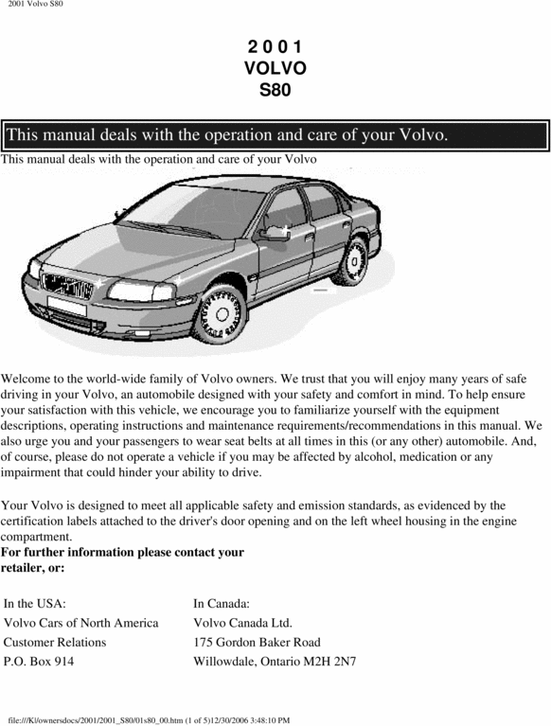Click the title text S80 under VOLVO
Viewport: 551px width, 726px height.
coord(275,91)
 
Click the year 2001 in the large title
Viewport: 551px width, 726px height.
coord(275,45)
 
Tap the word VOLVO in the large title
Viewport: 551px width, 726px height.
coord(275,68)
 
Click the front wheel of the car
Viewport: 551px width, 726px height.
coord(221,311)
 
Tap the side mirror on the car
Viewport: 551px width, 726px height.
coord(276,232)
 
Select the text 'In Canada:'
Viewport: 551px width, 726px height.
coord(222,603)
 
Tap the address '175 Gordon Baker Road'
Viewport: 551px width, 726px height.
coord(257,642)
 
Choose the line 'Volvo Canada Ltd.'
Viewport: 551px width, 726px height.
coord(242,623)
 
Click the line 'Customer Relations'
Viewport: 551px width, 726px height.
coord(55,642)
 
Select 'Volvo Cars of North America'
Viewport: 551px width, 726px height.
coord(81,623)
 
